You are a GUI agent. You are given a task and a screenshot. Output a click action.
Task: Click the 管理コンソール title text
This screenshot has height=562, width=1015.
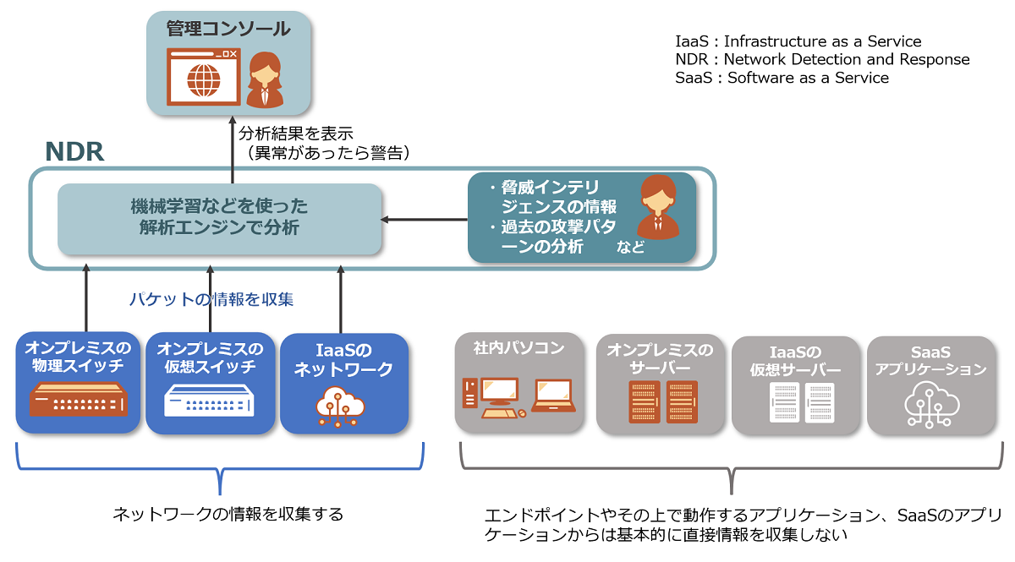228,30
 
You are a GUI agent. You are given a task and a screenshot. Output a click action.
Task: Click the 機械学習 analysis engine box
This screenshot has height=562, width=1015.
219,217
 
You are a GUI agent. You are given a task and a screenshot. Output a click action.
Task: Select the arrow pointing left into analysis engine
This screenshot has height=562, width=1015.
424,220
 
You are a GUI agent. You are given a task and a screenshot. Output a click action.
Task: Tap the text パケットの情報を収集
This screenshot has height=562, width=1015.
211,298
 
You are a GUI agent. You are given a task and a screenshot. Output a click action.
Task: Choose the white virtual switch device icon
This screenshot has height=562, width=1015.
209,401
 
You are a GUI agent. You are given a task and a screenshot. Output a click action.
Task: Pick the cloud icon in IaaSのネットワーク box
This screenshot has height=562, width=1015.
341,406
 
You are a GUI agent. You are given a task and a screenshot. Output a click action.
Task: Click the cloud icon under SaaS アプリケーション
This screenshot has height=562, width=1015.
930,404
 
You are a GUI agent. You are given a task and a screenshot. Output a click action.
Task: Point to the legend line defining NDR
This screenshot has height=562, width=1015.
822,59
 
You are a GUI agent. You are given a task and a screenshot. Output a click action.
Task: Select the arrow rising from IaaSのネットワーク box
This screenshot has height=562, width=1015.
341,300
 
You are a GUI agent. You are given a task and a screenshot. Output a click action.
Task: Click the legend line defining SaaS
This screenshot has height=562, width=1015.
782,78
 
